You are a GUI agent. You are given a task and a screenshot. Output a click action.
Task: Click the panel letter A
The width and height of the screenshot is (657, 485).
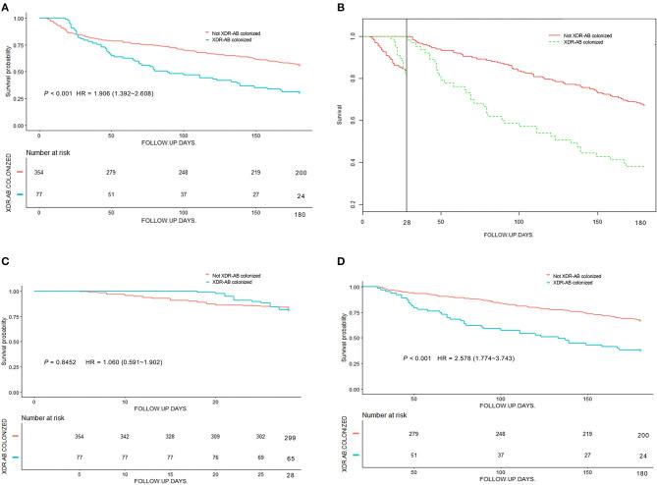click(x=7, y=7)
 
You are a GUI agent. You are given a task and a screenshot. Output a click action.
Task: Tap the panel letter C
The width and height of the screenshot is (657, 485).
click(x=7, y=262)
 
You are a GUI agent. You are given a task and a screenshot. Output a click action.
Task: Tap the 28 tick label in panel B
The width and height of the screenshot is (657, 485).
click(x=407, y=224)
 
